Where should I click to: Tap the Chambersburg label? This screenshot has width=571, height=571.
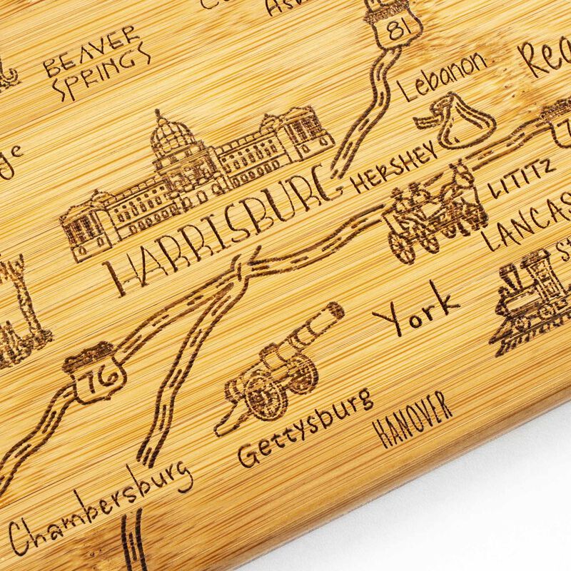[x=100, y=507]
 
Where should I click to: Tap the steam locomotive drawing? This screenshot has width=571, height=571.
[x=532, y=296]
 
